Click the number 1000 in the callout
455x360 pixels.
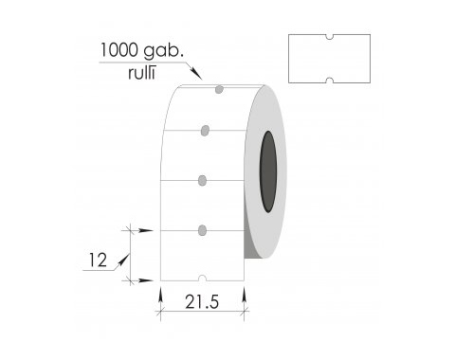pyautogui.click(x=119, y=50)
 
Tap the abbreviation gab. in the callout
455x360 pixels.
pyautogui.click(x=163, y=51)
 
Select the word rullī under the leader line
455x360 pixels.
pyautogui.click(x=142, y=73)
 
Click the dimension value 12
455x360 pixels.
pyautogui.click(x=98, y=261)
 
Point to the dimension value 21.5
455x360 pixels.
pyautogui.click(x=202, y=302)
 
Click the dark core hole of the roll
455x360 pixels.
pyautogui.click(x=268, y=171)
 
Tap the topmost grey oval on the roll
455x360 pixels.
pyautogui.click(x=219, y=89)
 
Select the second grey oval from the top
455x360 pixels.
pyautogui.click(x=205, y=131)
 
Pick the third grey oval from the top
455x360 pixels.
pyautogui.click(x=202, y=181)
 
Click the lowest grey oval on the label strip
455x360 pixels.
pyautogui.click(x=202, y=230)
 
